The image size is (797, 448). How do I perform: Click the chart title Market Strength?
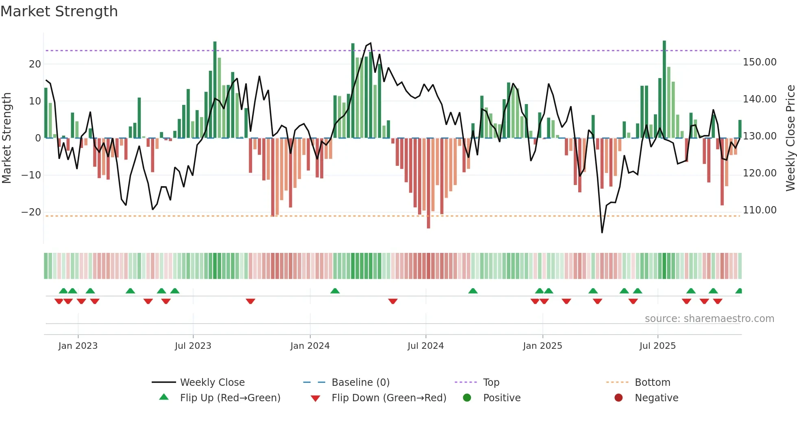click(x=59, y=11)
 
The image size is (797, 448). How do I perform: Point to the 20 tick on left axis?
click(x=35, y=64)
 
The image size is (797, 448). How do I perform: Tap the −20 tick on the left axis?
click(x=31, y=212)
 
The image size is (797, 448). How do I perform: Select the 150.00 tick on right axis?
click(x=760, y=62)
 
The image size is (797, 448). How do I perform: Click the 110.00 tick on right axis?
click(x=760, y=210)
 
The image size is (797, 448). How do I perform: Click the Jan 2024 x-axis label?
click(x=310, y=346)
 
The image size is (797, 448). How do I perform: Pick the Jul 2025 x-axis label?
click(x=658, y=346)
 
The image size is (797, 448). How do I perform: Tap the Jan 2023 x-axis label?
click(x=78, y=346)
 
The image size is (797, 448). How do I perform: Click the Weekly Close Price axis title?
click(x=790, y=138)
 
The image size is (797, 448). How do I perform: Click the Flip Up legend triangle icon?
click(x=164, y=397)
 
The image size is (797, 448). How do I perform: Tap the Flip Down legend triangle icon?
click(x=315, y=398)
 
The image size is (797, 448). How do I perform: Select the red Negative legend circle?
click(x=618, y=398)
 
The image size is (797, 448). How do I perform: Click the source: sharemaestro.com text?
click(x=709, y=319)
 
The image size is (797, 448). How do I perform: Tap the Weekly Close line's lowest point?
click(x=602, y=233)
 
